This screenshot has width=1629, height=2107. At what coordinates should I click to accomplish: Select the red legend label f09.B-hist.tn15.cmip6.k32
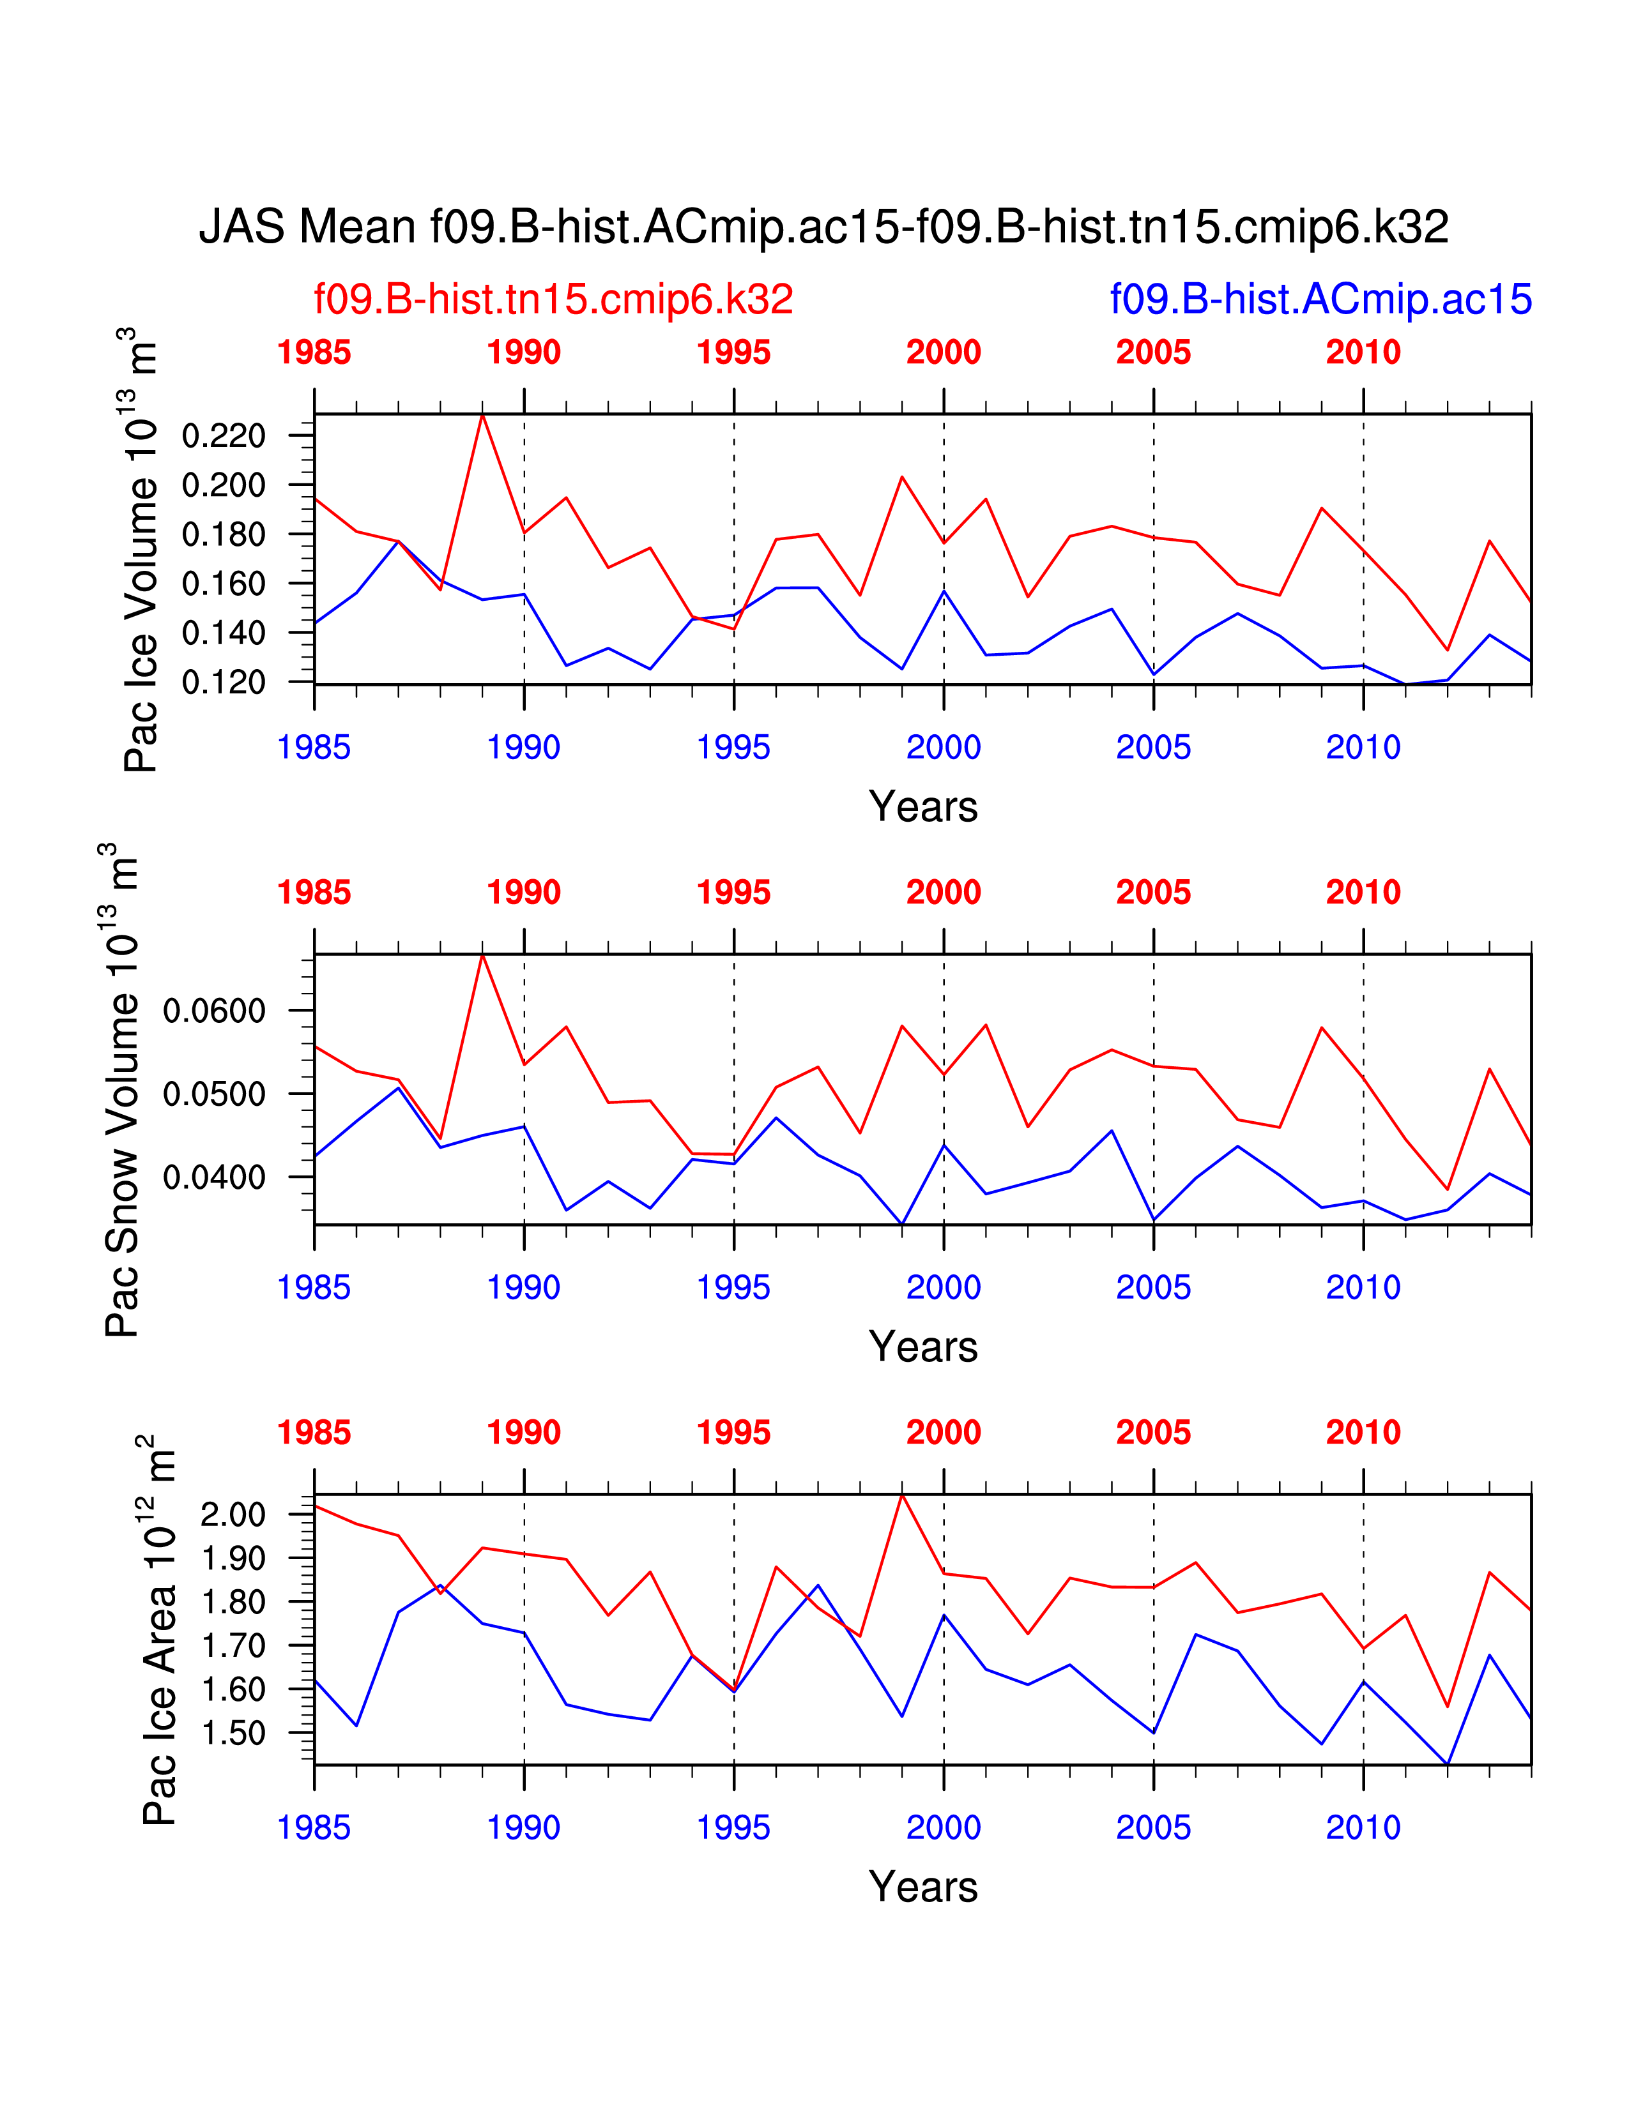[x=553, y=299]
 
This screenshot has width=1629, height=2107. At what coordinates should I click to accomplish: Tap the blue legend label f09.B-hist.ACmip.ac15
[x=1320, y=299]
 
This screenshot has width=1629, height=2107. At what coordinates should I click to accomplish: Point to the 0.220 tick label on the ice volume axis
[x=223, y=436]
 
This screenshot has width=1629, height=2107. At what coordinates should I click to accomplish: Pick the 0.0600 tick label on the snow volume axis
[x=214, y=1011]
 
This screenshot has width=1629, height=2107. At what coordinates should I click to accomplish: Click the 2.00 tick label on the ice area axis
[x=233, y=1514]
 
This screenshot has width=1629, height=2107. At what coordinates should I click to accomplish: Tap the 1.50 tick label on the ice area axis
[x=233, y=1733]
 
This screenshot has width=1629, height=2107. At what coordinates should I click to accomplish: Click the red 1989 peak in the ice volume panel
[x=482, y=415]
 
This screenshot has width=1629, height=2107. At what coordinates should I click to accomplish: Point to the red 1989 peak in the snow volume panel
[x=482, y=955]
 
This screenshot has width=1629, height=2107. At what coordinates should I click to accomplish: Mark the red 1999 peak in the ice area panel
[x=902, y=1495]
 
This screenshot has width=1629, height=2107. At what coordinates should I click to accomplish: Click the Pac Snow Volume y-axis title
[x=121, y=1090]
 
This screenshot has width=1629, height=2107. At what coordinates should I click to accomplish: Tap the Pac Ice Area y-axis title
[x=159, y=1631]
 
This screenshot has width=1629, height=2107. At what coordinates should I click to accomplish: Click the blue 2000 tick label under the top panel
[x=944, y=748]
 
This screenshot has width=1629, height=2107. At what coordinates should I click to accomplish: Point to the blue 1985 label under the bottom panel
[x=314, y=1828]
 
